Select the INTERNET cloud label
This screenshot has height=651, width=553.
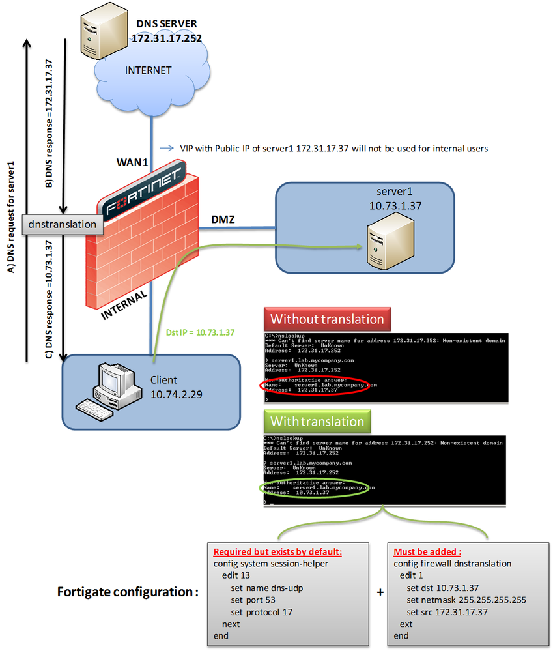tap(149, 70)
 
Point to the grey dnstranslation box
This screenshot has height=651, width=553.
tap(63, 224)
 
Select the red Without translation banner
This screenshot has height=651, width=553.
tap(327, 319)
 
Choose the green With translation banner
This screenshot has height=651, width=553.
tap(317, 421)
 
